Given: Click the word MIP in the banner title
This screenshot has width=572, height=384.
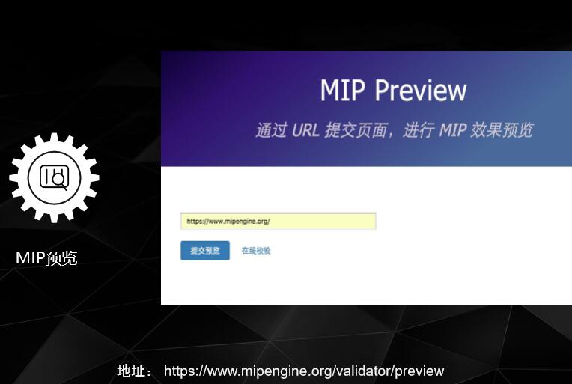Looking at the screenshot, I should click(342, 91).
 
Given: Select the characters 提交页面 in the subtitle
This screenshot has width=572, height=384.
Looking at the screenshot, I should click(356, 129).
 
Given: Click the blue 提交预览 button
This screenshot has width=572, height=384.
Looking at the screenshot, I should click(205, 251).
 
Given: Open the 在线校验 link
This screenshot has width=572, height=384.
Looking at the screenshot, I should click(256, 251).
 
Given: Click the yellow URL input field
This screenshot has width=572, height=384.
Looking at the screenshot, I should click(278, 222).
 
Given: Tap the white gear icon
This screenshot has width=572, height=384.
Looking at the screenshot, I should click(54, 177).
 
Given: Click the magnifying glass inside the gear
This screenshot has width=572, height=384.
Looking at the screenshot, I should click(59, 180).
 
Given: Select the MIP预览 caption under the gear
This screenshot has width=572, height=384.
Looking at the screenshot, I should click(46, 258).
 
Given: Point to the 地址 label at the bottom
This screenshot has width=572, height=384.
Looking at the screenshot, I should click(135, 371).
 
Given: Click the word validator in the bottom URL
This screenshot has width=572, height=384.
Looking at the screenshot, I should click(364, 371).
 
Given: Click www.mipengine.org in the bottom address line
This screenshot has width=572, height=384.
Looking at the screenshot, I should click(267, 371).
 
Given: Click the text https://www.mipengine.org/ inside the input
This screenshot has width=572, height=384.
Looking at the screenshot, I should click(228, 222).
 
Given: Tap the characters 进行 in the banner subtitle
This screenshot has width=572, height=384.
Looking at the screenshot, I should click(419, 129).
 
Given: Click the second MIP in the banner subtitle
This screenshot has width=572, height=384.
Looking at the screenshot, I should click(452, 129).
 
